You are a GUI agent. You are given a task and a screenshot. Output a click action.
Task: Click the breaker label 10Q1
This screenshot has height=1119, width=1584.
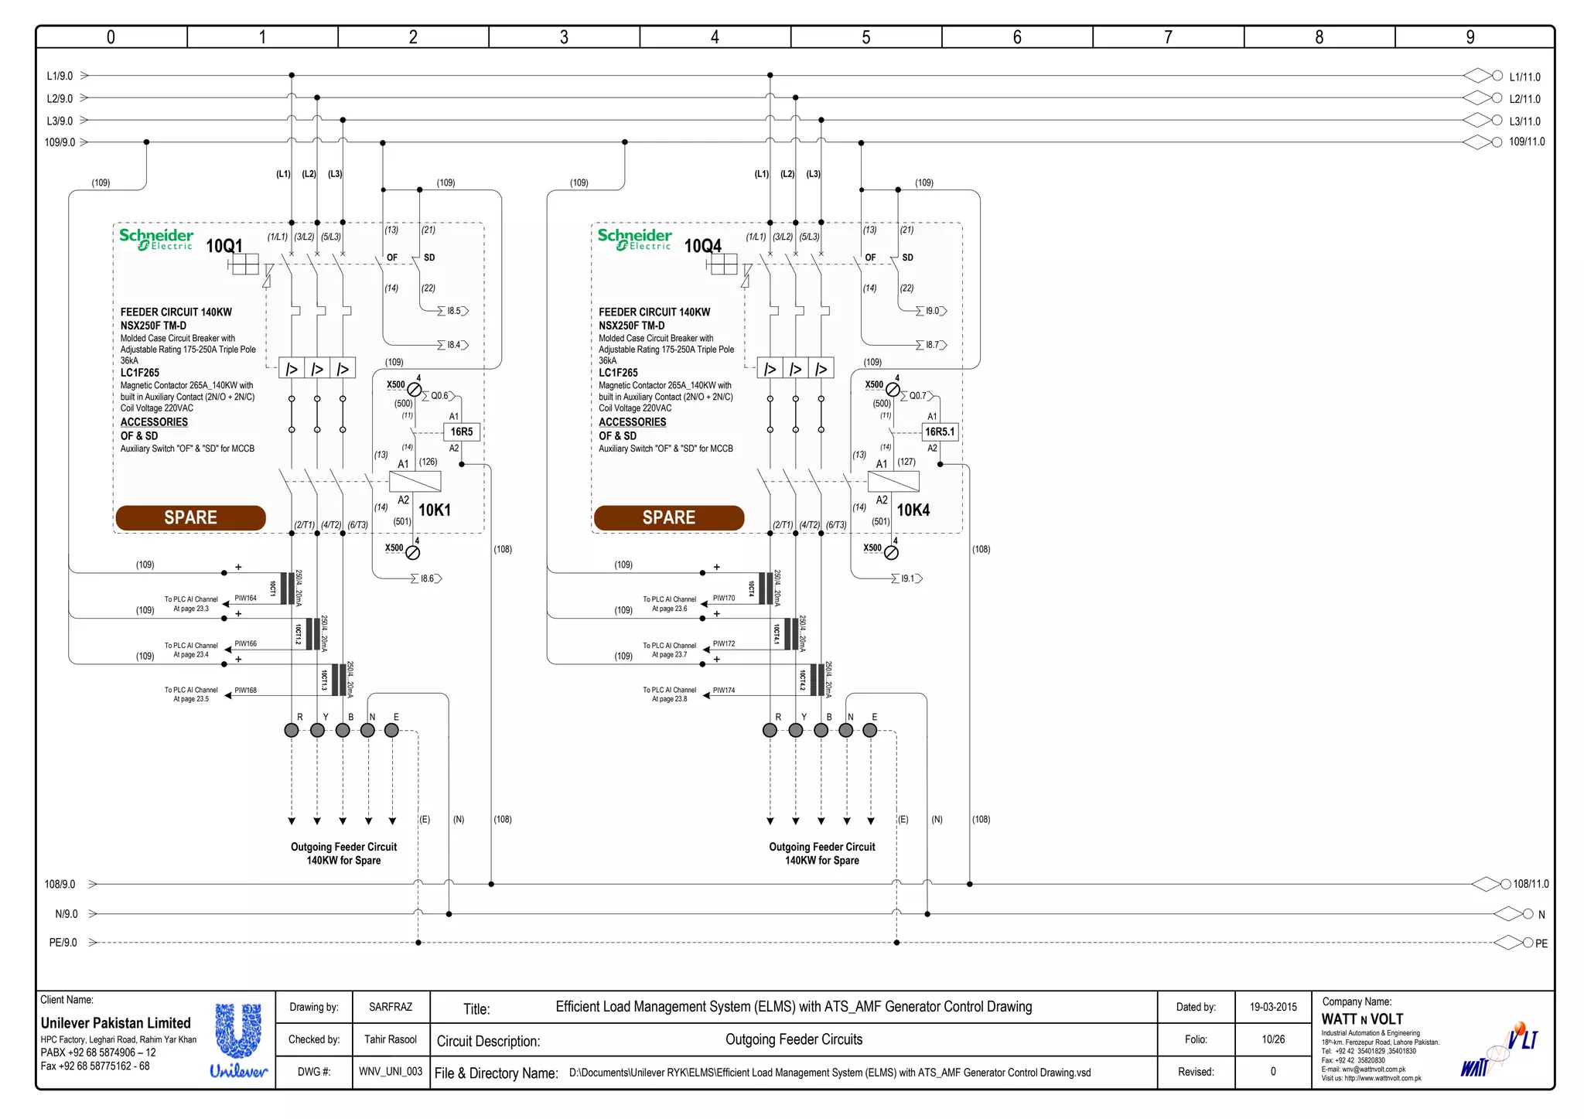[x=224, y=246]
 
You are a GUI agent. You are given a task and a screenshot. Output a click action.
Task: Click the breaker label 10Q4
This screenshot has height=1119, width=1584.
[x=702, y=246]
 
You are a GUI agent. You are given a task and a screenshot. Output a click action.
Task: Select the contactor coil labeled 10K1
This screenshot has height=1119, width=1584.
[x=415, y=481]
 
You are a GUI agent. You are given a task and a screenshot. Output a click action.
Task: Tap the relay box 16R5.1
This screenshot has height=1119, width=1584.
[x=940, y=432]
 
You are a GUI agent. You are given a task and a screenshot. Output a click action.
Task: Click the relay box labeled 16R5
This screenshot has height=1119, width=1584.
[x=462, y=432]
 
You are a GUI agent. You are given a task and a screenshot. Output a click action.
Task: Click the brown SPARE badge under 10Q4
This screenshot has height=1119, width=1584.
[x=669, y=517]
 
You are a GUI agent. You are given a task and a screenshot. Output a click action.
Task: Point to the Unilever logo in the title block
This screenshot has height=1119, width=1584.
[x=238, y=1039]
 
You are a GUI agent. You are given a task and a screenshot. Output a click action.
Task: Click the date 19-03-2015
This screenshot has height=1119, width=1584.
[x=1273, y=1007]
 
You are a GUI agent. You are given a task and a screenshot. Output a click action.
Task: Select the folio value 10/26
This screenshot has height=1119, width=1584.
[x=1273, y=1039]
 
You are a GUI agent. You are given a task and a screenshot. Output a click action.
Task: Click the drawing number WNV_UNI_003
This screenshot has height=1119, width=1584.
[x=391, y=1072]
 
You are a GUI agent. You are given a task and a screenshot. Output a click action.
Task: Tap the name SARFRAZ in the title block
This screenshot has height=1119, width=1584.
[x=391, y=1007]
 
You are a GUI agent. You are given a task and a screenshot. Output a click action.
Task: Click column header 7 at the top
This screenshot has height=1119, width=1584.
[x=1168, y=37]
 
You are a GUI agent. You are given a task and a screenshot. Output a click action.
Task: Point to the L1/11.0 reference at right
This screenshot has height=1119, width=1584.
[x=1524, y=77]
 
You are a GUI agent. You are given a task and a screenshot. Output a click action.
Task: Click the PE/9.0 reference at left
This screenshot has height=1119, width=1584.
[x=63, y=943]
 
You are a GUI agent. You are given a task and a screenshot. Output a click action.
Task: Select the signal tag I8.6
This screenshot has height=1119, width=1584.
[x=428, y=578]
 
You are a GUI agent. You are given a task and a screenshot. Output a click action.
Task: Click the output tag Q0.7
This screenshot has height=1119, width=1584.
[x=917, y=396]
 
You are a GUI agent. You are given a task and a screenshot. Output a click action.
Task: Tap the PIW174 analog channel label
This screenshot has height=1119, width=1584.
[x=724, y=691]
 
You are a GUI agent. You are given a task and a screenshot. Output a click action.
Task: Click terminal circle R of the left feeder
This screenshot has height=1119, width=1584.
[x=292, y=730]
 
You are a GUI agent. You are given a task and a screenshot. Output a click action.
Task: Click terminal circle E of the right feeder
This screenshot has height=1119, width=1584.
[x=870, y=730]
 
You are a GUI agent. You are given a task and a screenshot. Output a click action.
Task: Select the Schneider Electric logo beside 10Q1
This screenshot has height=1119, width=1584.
[x=156, y=239]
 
